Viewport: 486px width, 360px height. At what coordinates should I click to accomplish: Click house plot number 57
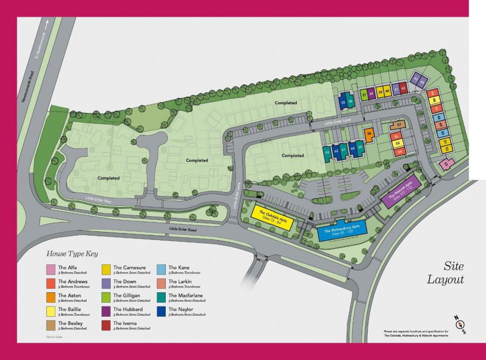pos(399,125)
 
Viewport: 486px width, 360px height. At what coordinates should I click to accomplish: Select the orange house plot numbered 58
pos(369,134)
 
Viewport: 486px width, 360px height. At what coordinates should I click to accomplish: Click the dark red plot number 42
pos(403,89)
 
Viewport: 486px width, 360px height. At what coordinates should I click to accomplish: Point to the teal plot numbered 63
pos(327,152)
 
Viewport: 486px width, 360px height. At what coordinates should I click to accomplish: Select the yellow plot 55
pos(398,144)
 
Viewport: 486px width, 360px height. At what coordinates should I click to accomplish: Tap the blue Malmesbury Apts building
pos(342,230)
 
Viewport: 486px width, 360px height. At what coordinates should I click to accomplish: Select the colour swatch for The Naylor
pos(161,311)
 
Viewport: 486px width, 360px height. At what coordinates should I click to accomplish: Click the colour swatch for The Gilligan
pos(106,297)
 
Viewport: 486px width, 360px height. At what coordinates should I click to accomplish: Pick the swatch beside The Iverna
pos(106,325)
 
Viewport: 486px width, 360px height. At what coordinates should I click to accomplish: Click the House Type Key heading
pos(72,253)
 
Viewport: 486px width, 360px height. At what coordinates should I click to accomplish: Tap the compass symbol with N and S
pos(458,324)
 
